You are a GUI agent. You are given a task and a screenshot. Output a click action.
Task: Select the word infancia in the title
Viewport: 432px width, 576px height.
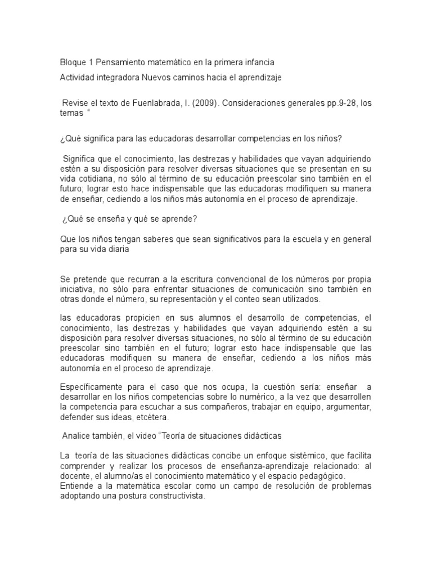(258, 61)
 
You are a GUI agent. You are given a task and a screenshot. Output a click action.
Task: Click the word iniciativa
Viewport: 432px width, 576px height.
(79, 290)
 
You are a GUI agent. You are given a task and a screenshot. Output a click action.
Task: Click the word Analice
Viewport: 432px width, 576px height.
(79, 435)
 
